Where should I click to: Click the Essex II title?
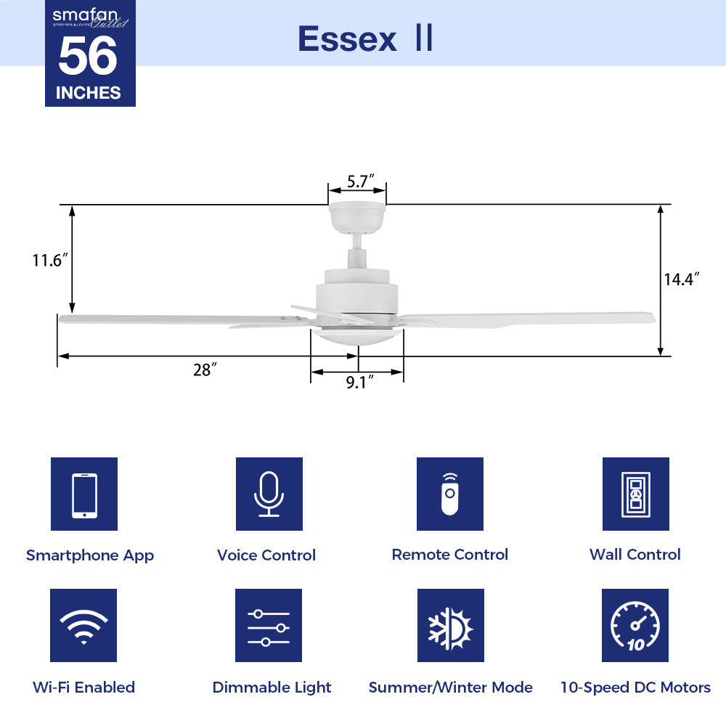click(x=365, y=39)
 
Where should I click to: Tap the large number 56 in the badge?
click(x=88, y=57)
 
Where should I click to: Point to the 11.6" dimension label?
click(x=50, y=260)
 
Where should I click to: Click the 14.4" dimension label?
click(x=682, y=279)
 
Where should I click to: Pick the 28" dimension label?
click(x=205, y=370)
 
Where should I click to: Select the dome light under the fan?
click(x=356, y=337)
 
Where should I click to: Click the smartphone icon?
click(x=84, y=494)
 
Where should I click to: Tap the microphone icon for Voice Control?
click(x=269, y=494)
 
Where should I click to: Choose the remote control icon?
click(x=450, y=494)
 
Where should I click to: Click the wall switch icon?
click(x=635, y=494)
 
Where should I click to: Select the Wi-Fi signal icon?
click(x=84, y=625)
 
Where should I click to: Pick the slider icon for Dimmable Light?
click(x=269, y=625)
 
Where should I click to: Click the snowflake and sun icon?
click(x=450, y=625)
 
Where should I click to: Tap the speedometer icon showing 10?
click(x=635, y=625)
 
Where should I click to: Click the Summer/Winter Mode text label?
click(x=450, y=687)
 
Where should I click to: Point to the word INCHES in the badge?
click(x=88, y=92)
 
